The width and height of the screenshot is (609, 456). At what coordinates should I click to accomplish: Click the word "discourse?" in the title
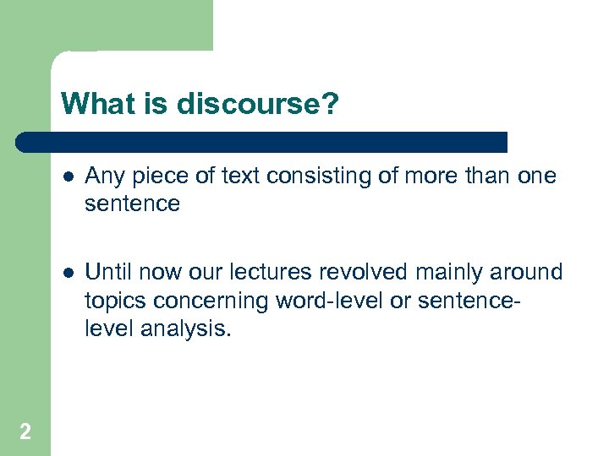(x=258, y=104)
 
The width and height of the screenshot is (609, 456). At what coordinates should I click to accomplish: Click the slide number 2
(x=25, y=432)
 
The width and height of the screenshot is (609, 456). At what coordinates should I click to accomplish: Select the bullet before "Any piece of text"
(x=67, y=176)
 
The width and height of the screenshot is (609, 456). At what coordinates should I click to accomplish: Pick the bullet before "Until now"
(x=67, y=273)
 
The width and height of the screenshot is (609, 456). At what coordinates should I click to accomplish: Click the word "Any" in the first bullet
(x=102, y=176)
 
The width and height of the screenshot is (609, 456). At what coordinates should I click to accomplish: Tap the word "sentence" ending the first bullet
(x=133, y=204)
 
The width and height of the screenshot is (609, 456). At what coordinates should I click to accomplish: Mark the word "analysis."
(x=179, y=328)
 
